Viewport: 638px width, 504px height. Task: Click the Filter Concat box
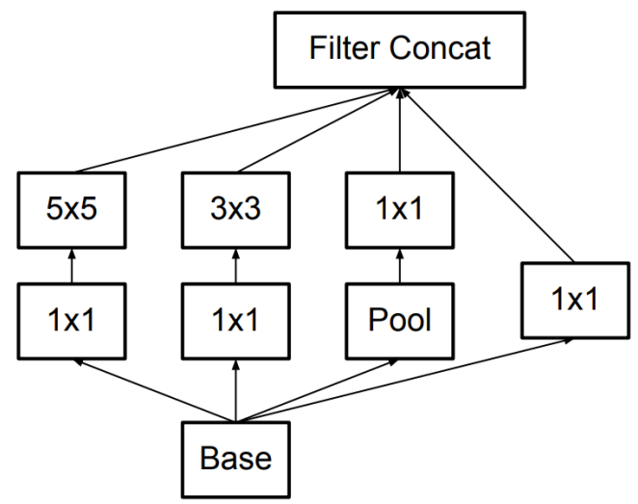pos(400,50)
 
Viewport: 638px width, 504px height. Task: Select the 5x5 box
pos(71,210)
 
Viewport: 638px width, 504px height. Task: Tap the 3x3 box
pos(236,210)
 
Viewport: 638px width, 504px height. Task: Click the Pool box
pos(400,321)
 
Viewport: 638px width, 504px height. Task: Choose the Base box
pos(236,460)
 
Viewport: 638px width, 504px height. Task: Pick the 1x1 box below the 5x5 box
pos(71,321)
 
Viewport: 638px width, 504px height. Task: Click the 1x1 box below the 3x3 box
pos(236,321)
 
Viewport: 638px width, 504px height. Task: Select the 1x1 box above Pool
pos(400,210)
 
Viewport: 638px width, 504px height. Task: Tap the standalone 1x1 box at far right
pos(575,301)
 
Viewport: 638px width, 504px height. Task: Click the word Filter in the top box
pos(345,48)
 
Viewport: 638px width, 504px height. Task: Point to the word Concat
pos(440,48)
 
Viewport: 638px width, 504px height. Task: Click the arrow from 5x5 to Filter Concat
pos(235,131)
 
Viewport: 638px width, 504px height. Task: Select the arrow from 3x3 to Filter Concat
pos(318,130)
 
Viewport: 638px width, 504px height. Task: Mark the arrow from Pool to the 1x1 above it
pos(400,266)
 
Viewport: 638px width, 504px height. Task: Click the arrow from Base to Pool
pos(316,391)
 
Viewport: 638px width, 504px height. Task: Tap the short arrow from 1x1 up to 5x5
pos(71,266)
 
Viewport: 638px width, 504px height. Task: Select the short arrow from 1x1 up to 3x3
pos(236,266)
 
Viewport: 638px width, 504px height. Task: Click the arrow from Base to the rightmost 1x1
pos(404,381)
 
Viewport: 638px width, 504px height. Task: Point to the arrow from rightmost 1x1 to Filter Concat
pos(488,175)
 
